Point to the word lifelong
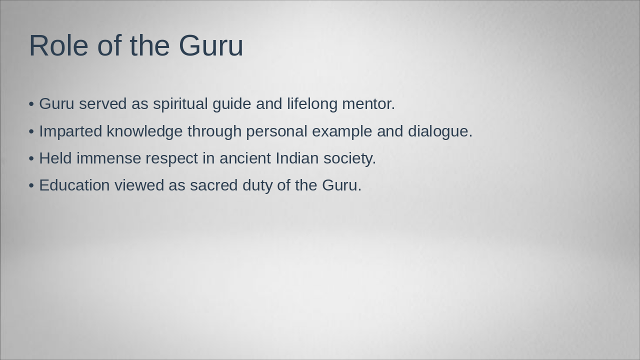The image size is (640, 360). tap(312, 104)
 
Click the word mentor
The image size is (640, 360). tap(368, 104)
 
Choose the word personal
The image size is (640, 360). tap(276, 131)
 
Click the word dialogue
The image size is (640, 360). tap(439, 131)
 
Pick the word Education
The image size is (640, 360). tap(74, 185)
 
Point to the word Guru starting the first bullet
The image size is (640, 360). tap(56, 104)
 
